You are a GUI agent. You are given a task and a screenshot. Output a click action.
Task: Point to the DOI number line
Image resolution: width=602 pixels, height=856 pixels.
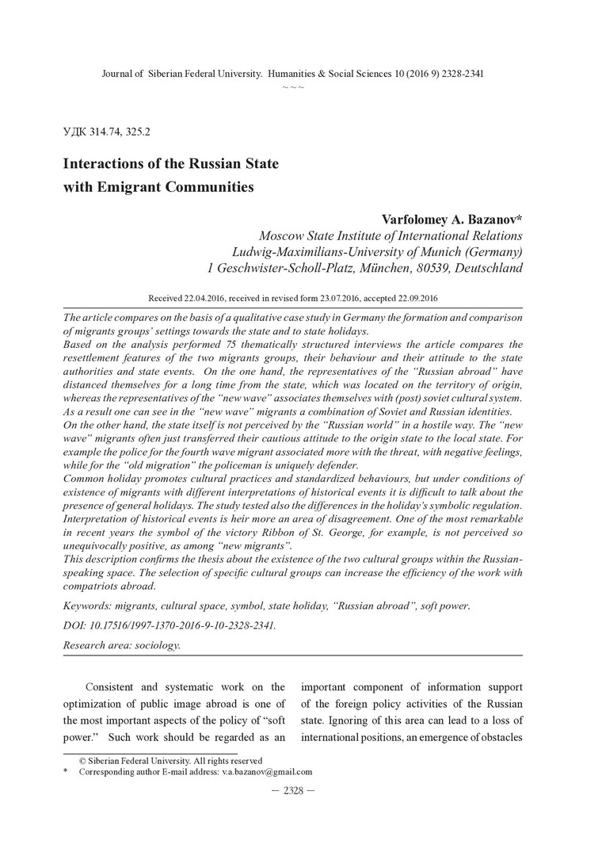click(170, 625)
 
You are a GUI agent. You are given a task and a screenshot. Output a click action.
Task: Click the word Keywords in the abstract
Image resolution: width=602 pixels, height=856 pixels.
click(86, 606)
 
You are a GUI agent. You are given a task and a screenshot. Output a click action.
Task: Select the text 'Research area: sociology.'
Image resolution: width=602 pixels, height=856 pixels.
click(121, 645)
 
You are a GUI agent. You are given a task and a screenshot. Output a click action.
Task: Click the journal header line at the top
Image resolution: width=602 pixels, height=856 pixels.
click(293, 74)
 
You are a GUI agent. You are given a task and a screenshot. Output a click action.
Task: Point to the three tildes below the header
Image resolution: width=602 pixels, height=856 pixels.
click(293, 86)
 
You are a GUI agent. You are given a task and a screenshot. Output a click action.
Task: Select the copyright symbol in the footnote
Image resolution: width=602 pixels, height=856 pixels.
click(82, 761)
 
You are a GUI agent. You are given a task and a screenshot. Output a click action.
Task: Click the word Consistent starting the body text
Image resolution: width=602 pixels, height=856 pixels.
click(112, 686)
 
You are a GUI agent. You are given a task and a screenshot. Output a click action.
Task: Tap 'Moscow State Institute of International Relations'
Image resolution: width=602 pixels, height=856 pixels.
click(391, 235)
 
